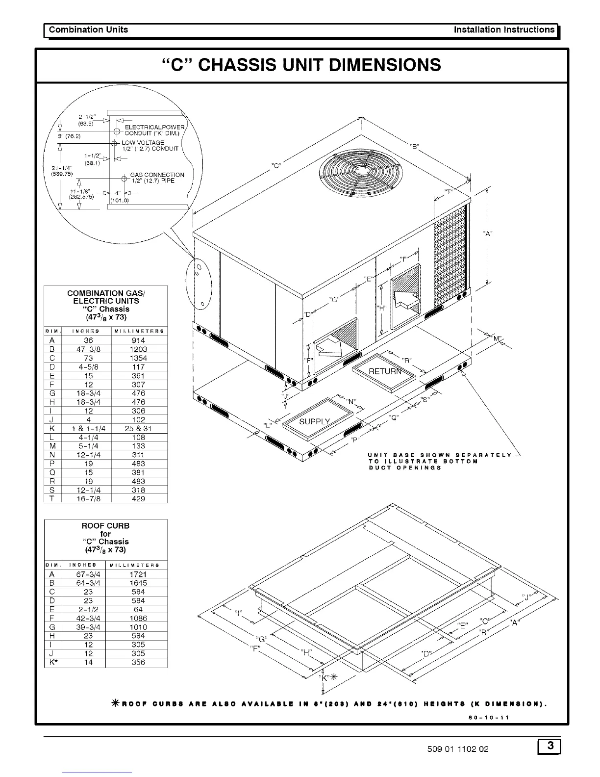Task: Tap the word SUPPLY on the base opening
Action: click(x=314, y=421)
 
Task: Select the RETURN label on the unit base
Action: click(x=385, y=371)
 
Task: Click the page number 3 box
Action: click(x=550, y=747)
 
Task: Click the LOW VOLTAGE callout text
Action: click(x=143, y=143)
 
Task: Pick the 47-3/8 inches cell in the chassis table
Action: click(x=88, y=349)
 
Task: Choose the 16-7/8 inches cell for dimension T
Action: click(x=88, y=498)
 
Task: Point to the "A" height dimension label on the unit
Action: click(x=487, y=234)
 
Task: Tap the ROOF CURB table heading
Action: click(x=105, y=526)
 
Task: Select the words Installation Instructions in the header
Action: click(x=504, y=29)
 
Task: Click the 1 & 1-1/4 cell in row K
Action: click(x=88, y=428)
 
